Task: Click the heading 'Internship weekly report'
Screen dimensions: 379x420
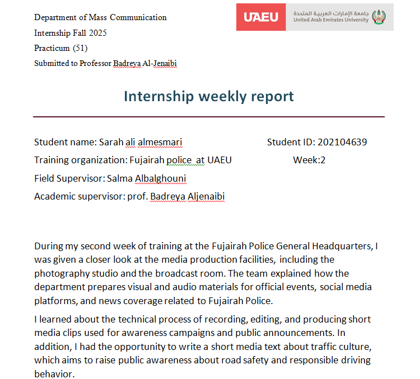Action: point(209,96)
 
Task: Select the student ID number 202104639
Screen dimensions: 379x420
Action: point(342,142)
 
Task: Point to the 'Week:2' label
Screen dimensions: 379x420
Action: point(309,160)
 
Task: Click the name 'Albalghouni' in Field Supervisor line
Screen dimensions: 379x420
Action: point(160,179)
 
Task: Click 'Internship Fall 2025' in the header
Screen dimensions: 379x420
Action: point(71,33)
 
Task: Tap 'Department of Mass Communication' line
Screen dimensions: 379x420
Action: point(100,17)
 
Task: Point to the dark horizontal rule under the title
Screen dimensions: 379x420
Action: point(209,117)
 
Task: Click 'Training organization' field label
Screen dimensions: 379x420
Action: point(79,160)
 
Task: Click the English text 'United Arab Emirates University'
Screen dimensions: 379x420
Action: point(331,20)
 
